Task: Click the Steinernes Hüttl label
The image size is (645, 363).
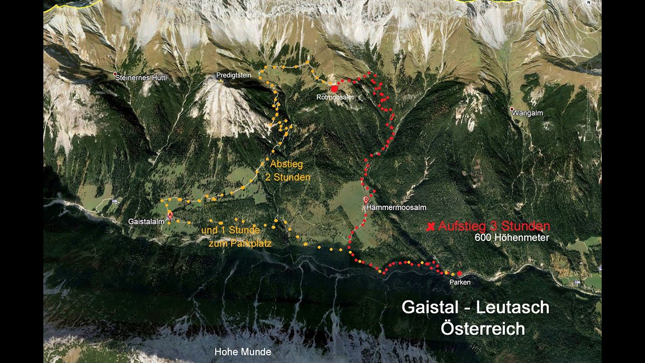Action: [x=141, y=78]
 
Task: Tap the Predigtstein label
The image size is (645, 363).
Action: [x=233, y=75]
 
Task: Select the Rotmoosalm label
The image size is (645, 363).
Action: [x=335, y=96]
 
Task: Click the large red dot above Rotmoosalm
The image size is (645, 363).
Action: [x=334, y=88]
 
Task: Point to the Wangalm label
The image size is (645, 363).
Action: [x=528, y=113]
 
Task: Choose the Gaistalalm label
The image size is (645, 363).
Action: [x=147, y=221]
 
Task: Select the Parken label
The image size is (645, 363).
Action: [x=460, y=282]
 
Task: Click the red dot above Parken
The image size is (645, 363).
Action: [x=459, y=273]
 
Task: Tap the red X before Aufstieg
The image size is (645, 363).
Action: [x=430, y=227]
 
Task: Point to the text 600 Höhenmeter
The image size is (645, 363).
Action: [x=511, y=237]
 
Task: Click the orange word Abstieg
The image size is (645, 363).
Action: [x=287, y=164]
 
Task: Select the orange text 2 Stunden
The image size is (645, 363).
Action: [x=288, y=177]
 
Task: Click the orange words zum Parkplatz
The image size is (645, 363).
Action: [x=240, y=244]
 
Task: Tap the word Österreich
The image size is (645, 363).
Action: [x=482, y=329]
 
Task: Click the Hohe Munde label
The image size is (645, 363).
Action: [x=243, y=352]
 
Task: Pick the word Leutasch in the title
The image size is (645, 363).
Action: [x=512, y=307]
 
